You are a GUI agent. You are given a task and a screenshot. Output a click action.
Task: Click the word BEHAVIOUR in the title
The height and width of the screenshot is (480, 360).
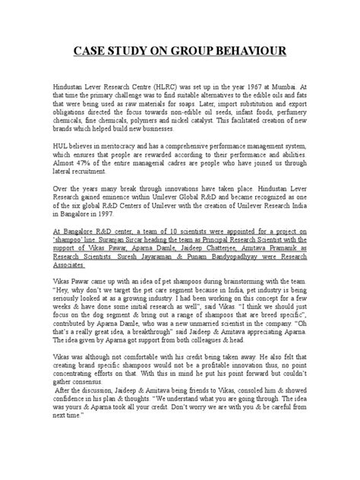(249, 51)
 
